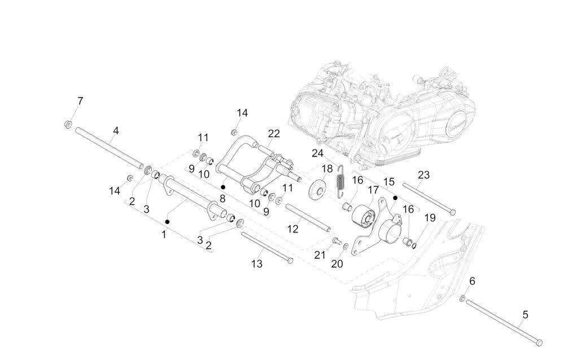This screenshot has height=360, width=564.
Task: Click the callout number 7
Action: pos(80,101)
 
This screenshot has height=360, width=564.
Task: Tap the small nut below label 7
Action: pos(67,123)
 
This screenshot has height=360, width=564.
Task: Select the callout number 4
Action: pos(115,131)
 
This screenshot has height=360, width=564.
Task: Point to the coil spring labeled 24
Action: pos(340,181)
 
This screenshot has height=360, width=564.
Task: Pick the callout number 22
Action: pos(274,134)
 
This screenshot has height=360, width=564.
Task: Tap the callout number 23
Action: pos(423,175)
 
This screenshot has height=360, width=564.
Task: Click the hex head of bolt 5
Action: pos(538,342)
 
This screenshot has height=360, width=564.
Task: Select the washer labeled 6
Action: pos(463,298)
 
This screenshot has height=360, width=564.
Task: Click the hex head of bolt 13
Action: pos(290,261)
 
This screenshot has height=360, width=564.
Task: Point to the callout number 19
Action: pos(430,218)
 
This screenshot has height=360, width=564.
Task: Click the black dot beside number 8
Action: pos(224,187)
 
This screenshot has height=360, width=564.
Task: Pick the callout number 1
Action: pos(164,234)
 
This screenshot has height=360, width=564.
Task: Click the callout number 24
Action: pos(317,153)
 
